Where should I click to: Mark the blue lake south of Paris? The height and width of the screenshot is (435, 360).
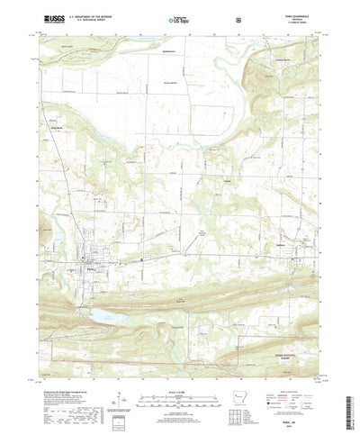click(x=103, y=316)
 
